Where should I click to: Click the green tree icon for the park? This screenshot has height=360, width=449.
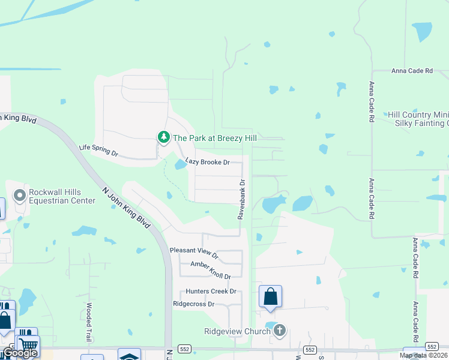[163, 137]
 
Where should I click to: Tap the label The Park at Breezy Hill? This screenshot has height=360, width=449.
[215, 138]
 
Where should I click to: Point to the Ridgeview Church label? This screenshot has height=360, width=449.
[238, 331]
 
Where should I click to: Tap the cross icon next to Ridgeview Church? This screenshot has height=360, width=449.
[279, 330]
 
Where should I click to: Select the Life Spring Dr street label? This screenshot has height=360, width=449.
[99, 151]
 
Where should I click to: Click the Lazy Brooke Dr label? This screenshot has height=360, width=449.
[208, 162]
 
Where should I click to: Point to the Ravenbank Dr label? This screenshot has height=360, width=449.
[241, 199]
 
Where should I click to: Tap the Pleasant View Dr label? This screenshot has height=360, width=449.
[194, 252]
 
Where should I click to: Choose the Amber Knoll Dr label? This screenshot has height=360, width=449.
[210, 270]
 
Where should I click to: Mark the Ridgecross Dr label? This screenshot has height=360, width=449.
[193, 304]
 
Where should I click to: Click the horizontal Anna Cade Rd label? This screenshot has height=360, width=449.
[412, 71]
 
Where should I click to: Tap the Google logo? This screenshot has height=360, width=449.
[20, 353]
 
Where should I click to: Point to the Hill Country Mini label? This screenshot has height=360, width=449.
[418, 115]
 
